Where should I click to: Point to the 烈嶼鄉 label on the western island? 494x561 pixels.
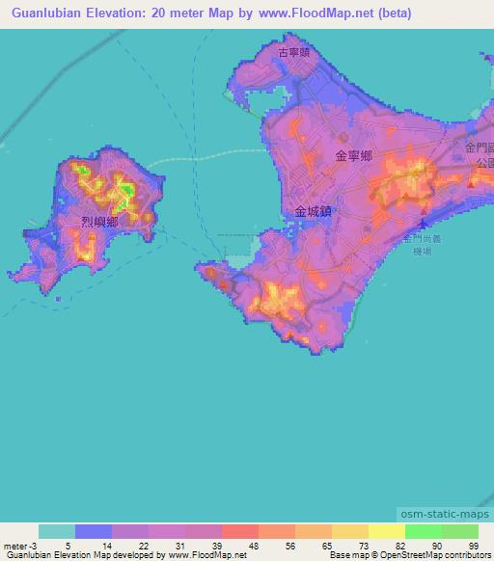99,223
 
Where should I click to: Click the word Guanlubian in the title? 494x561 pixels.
48,13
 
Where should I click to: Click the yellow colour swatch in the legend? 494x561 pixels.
386,532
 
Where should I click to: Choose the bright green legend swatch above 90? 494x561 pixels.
423,532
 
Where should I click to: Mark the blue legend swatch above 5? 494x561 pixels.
94,532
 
